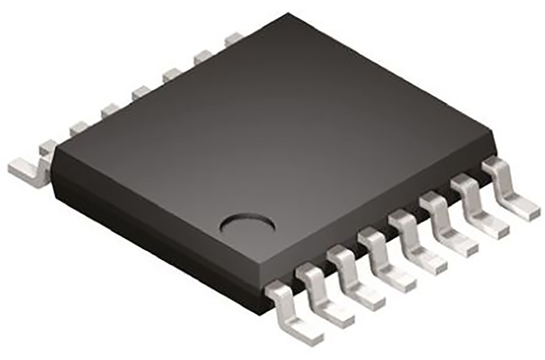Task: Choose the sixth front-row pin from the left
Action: pos(446,226)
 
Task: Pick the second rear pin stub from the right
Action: pos(203,56)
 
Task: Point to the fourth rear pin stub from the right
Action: pos(141,92)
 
